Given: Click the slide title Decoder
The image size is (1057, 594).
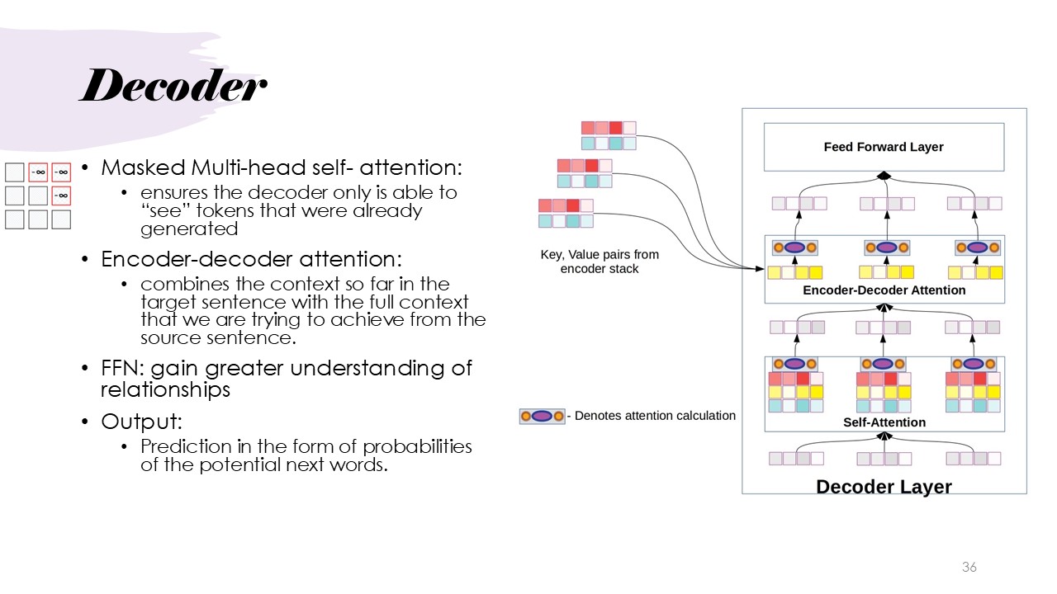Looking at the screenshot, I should pos(173,87).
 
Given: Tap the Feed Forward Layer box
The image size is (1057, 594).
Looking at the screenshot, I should pos(884,147).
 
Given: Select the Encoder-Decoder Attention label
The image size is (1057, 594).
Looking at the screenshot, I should pos(884,290).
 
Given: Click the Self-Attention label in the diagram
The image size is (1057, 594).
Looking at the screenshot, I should pos(884,422).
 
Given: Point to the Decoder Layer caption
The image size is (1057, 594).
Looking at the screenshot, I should pos(884,487).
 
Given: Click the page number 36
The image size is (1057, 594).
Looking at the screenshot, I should pos(969,567).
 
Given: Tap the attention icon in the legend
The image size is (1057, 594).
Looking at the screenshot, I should pos(542,416).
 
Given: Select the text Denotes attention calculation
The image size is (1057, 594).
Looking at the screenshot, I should pos(655,416).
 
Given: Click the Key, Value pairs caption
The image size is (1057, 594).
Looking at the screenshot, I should pos(600,262).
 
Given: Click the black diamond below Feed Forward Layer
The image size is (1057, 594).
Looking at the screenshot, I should pos(884,175).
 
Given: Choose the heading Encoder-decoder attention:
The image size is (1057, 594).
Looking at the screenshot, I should pos(252,259).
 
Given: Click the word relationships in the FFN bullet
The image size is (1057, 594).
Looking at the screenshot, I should pos(165,389).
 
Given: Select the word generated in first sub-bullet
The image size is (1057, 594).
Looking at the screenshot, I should pos(189,229).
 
